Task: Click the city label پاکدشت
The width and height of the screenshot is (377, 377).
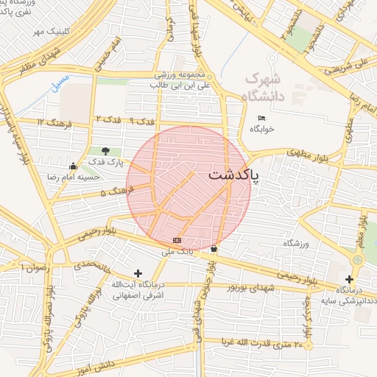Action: [x=233, y=175]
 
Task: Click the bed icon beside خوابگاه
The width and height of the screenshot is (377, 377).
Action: [x=261, y=118]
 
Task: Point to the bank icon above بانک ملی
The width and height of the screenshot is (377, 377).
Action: [x=177, y=241]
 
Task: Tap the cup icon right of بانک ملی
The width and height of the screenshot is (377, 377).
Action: [x=214, y=249]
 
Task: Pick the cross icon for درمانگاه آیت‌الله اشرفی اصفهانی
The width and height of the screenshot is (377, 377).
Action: [x=138, y=273]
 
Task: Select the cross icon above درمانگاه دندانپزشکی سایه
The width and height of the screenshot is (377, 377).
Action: [x=349, y=280]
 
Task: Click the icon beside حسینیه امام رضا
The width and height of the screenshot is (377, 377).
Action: [x=72, y=166]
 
